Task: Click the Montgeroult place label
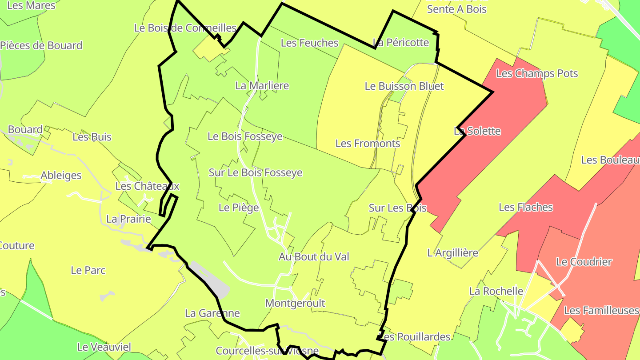[x=295, y=303]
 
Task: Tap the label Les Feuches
[x=310, y=43]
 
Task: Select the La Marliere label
[x=262, y=85]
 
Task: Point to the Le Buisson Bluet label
[x=404, y=86]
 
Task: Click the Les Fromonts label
[x=368, y=144]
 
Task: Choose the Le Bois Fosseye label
[x=245, y=136]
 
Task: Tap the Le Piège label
[x=239, y=207]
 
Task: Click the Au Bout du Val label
[x=314, y=256]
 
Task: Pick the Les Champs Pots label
[x=537, y=73]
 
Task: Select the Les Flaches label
[x=526, y=207]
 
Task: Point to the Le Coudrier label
[x=584, y=262]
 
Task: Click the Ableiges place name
[x=61, y=175]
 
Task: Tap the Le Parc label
[x=88, y=270]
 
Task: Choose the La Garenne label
[x=212, y=313]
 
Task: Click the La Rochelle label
[x=496, y=291]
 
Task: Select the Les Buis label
[x=92, y=137]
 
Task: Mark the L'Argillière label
[x=452, y=253]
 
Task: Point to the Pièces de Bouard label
[x=41, y=45]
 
